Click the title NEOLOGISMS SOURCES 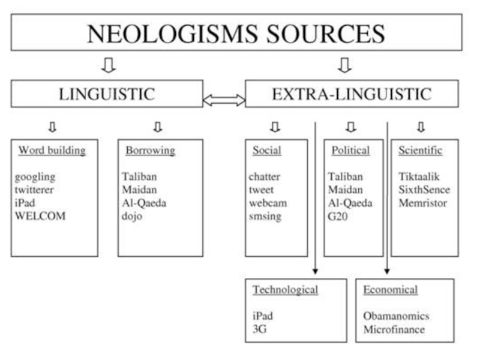(236, 34)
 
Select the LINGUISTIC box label (106, 94)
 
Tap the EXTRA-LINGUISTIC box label (352, 94)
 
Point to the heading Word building (52, 151)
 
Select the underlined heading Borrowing (150, 151)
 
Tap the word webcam (268, 203)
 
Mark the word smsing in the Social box (266, 216)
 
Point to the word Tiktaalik (419, 177)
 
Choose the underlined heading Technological (285, 290)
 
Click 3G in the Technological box (260, 329)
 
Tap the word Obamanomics (396, 316)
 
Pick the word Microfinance (394, 329)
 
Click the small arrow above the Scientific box (421, 127)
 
